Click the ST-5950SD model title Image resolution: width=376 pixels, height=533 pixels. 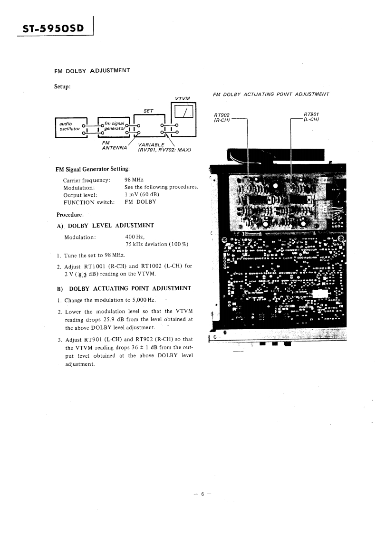pyautogui.click(x=52, y=29)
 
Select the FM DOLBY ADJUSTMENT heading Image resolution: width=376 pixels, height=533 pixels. pyautogui.click(x=92, y=70)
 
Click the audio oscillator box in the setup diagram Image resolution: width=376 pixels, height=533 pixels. pyautogui.click(x=70, y=127)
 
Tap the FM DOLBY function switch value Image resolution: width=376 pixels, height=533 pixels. pyautogui.click(x=140, y=201)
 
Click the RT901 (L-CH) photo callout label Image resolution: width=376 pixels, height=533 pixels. pyautogui.click(x=311, y=116)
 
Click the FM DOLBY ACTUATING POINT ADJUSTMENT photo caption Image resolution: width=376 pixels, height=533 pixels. pyautogui.click(x=271, y=94)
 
